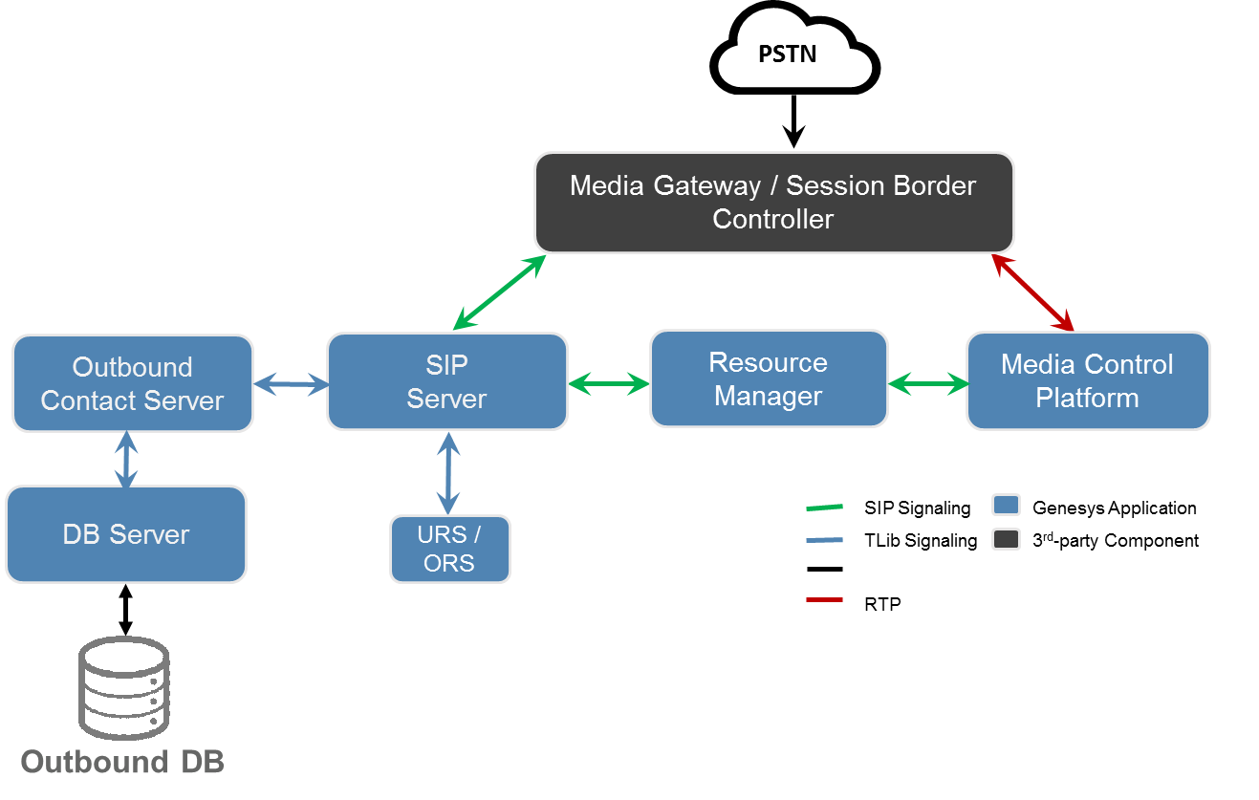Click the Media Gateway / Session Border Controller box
click(x=773, y=202)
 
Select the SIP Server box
click(x=446, y=381)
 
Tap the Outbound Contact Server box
click(x=132, y=383)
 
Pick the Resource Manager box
click(x=769, y=378)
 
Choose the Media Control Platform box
click(x=1088, y=380)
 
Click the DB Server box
click(x=126, y=534)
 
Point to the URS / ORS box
click(x=449, y=549)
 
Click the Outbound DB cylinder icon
click(x=124, y=688)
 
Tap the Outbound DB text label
click(x=122, y=762)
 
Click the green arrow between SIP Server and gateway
click(x=498, y=292)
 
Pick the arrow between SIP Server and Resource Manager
click(x=609, y=384)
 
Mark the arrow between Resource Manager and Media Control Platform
click(x=928, y=384)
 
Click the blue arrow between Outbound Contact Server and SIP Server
click(x=291, y=385)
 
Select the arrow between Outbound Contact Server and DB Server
click(x=126, y=460)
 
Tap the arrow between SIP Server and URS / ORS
click(x=447, y=473)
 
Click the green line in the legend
click(x=824, y=507)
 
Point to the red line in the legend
click(x=824, y=599)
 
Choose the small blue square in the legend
click(x=1006, y=505)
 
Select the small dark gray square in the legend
click(x=1006, y=539)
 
